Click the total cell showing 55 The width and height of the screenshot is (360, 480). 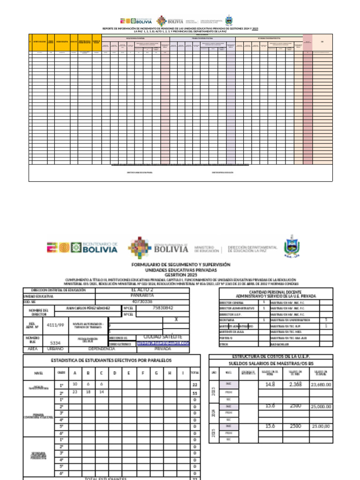coord(194,393)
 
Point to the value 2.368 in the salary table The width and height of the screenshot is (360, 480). coord(296,384)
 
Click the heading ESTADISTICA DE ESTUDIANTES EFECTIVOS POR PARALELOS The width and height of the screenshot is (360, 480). coord(111,360)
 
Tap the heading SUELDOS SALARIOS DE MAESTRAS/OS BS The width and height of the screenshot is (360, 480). coord(270,363)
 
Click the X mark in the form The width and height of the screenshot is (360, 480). coord(176,319)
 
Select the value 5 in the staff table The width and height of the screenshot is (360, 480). coord(326,320)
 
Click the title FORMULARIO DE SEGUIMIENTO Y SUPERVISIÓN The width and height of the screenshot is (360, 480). coord(181,265)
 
